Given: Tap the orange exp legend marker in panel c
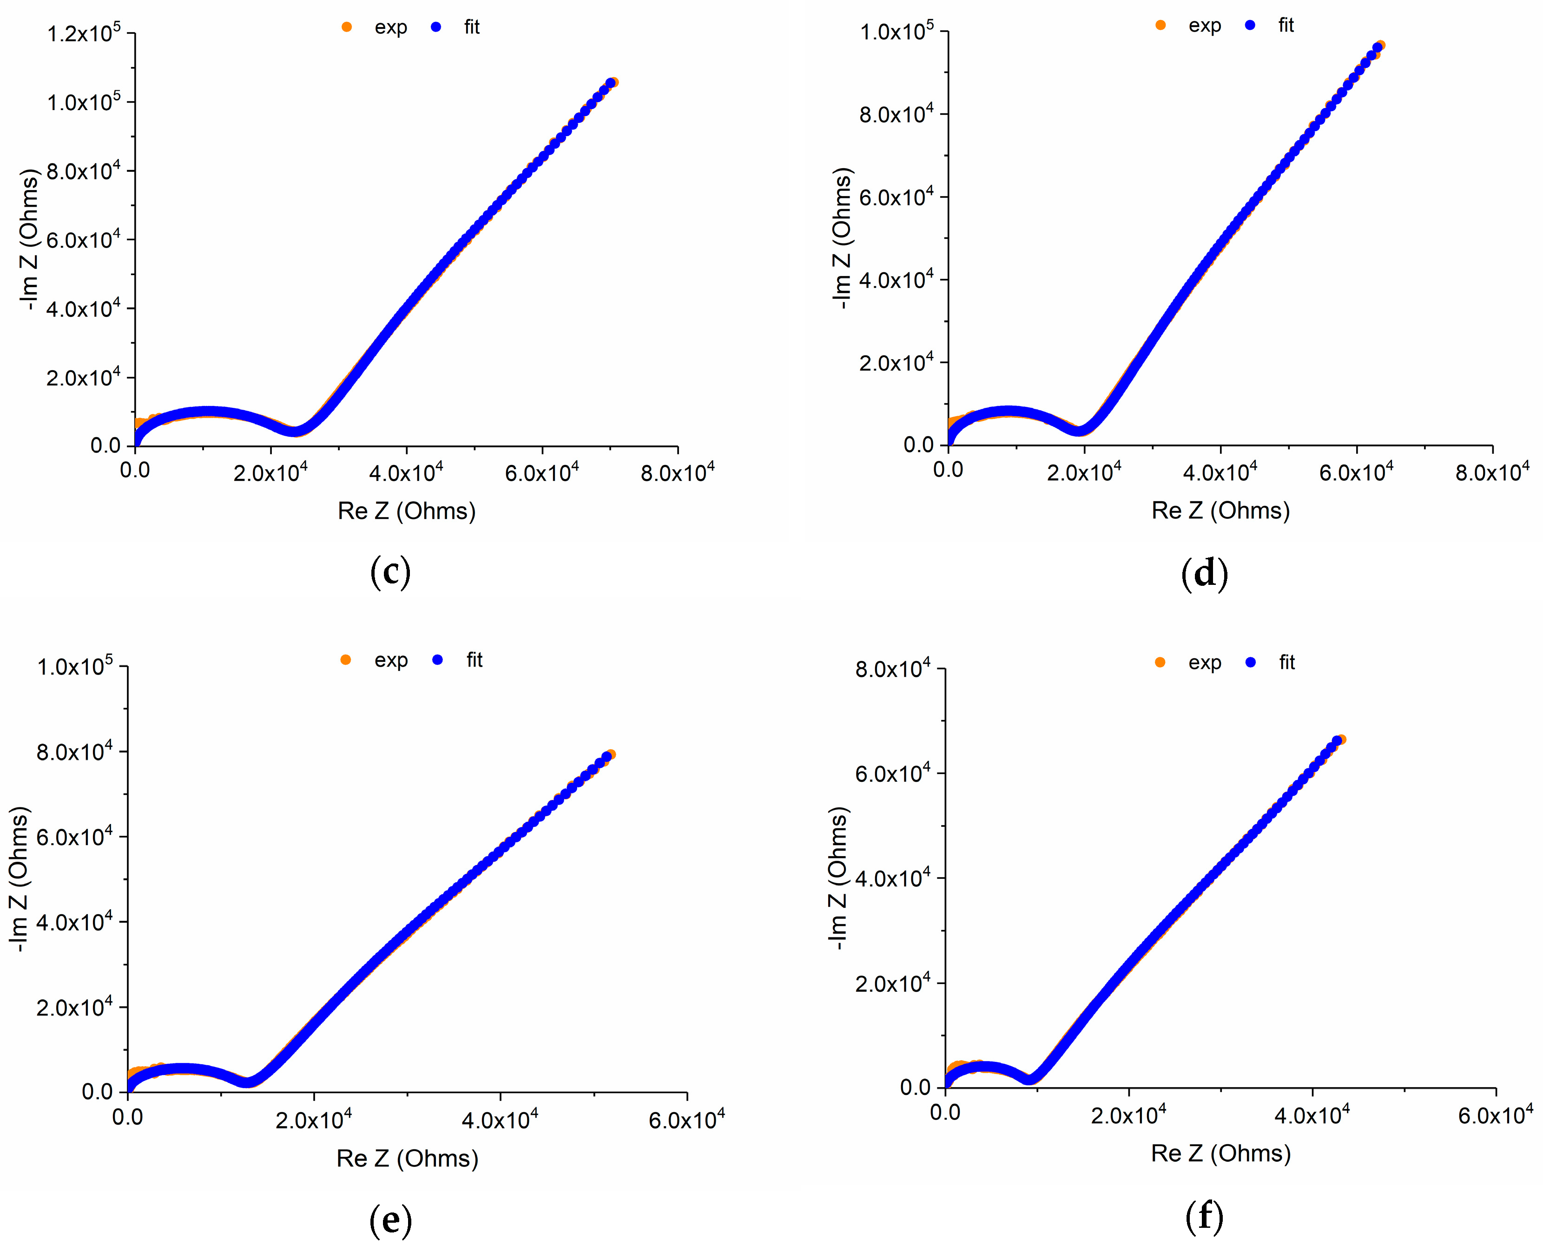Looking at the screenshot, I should pyautogui.click(x=346, y=27).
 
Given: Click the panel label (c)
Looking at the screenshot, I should pyautogui.click(x=390, y=572).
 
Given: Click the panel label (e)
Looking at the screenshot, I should pyautogui.click(x=390, y=1219).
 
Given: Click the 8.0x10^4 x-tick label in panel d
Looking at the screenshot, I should pyautogui.click(x=1492, y=472).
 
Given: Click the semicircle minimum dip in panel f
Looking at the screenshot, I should pyautogui.click(x=1030, y=1079).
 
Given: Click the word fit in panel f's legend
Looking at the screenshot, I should pyautogui.click(x=1287, y=662).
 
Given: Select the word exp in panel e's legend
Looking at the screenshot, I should pyautogui.click(x=391, y=660).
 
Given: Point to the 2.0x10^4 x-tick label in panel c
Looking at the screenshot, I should pyautogui.click(x=270, y=472).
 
